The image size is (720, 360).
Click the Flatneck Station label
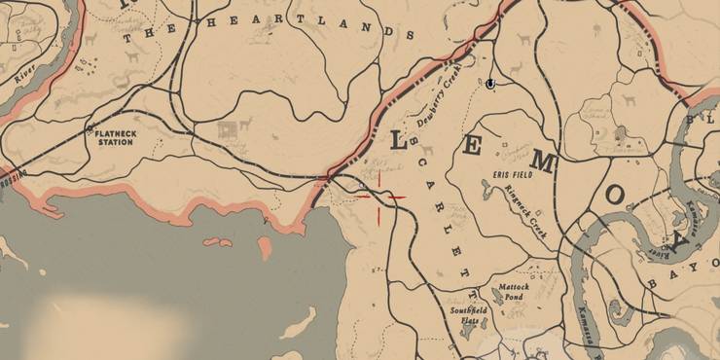pyautogui.click(x=114, y=138)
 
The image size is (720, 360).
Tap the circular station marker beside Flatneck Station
pyautogui.click(x=87, y=133)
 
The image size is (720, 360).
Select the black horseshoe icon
pyautogui.click(x=489, y=85)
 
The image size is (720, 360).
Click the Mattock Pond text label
pyautogui.click(x=514, y=292)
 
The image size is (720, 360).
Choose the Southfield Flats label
pyautogui.click(x=465, y=315)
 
